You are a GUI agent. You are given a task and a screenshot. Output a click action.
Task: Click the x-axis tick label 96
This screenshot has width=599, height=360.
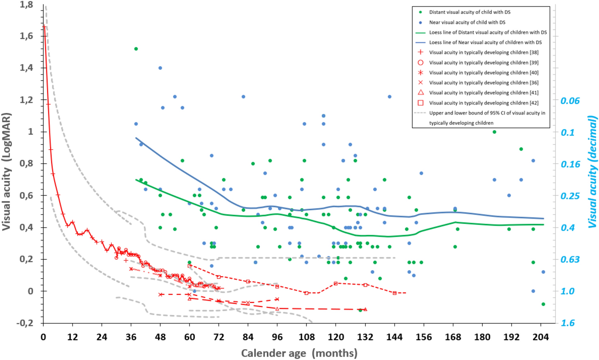tap(277, 337)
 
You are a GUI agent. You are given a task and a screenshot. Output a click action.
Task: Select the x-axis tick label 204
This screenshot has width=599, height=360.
tap(541, 337)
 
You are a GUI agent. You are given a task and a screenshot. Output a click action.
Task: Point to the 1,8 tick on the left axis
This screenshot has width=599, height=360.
tap(26, 5)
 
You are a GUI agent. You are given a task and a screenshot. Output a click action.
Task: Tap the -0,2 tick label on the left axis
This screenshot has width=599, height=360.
tap(24, 323)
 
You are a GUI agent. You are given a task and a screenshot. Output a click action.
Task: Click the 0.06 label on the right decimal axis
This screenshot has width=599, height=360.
tap(570, 101)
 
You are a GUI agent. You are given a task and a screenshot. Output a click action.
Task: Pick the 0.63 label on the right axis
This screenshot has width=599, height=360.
tap(570, 259)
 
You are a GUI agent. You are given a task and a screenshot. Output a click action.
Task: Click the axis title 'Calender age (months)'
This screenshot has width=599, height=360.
tap(299, 353)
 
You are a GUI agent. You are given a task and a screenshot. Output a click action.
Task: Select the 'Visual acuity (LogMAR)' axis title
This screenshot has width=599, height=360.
tap(6, 171)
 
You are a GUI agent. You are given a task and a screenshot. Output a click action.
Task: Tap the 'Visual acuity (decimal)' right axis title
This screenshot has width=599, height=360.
tap(592, 172)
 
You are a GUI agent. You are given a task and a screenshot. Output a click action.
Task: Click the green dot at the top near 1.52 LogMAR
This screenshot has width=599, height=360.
tap(136, 49)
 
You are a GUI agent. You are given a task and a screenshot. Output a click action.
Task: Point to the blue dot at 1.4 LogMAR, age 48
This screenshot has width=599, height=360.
tap(160, 68)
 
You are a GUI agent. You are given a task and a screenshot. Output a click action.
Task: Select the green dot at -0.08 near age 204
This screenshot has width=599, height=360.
tap(543, 304)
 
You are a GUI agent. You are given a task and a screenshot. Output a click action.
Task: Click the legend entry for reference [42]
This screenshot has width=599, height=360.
tap(484, 103)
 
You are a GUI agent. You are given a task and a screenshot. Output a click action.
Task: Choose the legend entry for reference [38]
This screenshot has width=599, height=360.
tap(484, 52)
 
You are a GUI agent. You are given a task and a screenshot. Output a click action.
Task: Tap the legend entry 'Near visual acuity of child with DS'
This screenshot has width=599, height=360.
tap(467, 22)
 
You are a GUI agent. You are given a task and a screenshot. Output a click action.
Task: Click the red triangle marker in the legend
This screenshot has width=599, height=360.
tap(420, 93)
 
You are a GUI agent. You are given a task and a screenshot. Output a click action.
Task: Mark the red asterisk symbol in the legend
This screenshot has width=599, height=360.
tap(420, 73)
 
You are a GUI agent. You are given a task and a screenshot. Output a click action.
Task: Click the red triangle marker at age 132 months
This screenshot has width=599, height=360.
tap(365, 309)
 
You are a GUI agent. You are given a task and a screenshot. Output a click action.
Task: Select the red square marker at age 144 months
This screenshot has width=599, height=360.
tap(395, 293)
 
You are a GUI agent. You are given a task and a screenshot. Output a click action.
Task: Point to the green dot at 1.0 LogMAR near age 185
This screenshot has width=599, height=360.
tap(494, 132)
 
